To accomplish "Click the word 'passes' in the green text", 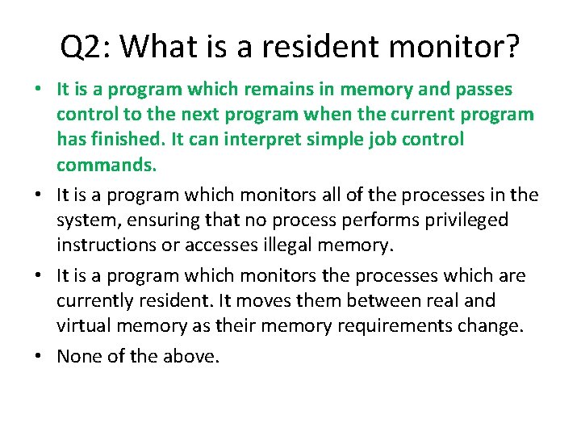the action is point(483,88).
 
